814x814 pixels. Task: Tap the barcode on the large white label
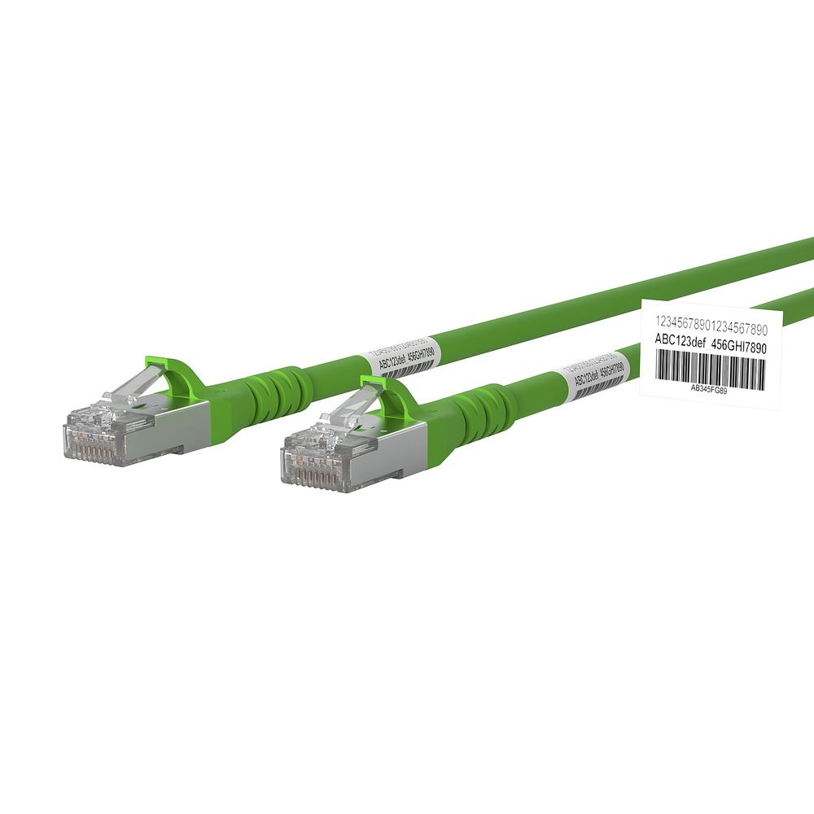pyautogui.click(x=708, y=369)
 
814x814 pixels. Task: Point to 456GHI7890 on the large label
pyautogui.click(x=739, y=344)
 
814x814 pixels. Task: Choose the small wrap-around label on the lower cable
pyautogui.click(x=598, y=376)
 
